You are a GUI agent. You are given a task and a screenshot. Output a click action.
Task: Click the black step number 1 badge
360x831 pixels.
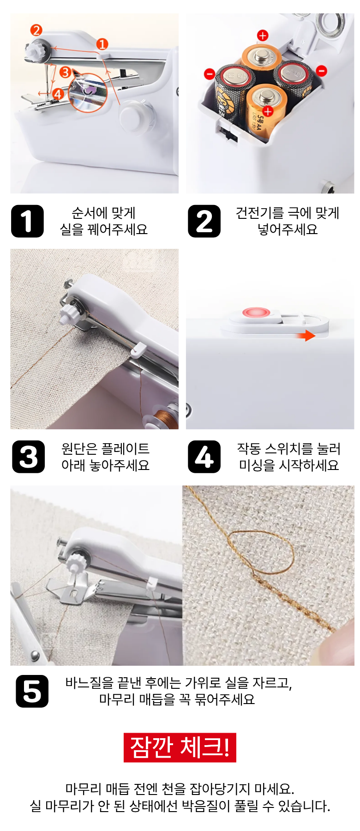coord(27,221)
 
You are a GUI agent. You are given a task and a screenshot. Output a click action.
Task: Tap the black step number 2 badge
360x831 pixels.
coord(204,221)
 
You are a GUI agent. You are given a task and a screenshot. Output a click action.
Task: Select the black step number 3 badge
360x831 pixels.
coord(29,457)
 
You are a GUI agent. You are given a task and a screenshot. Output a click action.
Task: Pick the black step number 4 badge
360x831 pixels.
coord(204,457)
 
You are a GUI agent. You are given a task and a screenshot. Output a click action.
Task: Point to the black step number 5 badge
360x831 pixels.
coord(32,691)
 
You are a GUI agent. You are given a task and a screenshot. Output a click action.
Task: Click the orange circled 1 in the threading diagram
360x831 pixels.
coord(102,44)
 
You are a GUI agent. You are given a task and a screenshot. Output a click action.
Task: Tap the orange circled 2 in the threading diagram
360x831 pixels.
coord(36,30)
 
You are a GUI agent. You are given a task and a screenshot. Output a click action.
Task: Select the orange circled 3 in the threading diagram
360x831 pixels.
coord(65,72)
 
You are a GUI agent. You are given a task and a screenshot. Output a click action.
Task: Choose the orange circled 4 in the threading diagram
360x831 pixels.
coord(58,94)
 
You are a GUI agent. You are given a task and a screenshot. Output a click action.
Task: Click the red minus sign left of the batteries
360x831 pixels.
coord(210,74)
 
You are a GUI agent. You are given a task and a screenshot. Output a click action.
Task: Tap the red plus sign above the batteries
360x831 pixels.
coord(263,36)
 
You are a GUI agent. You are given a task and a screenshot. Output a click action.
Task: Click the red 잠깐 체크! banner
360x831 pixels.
coord(180,747)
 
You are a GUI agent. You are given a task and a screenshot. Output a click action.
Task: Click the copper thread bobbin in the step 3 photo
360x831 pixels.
coord(163,417)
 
